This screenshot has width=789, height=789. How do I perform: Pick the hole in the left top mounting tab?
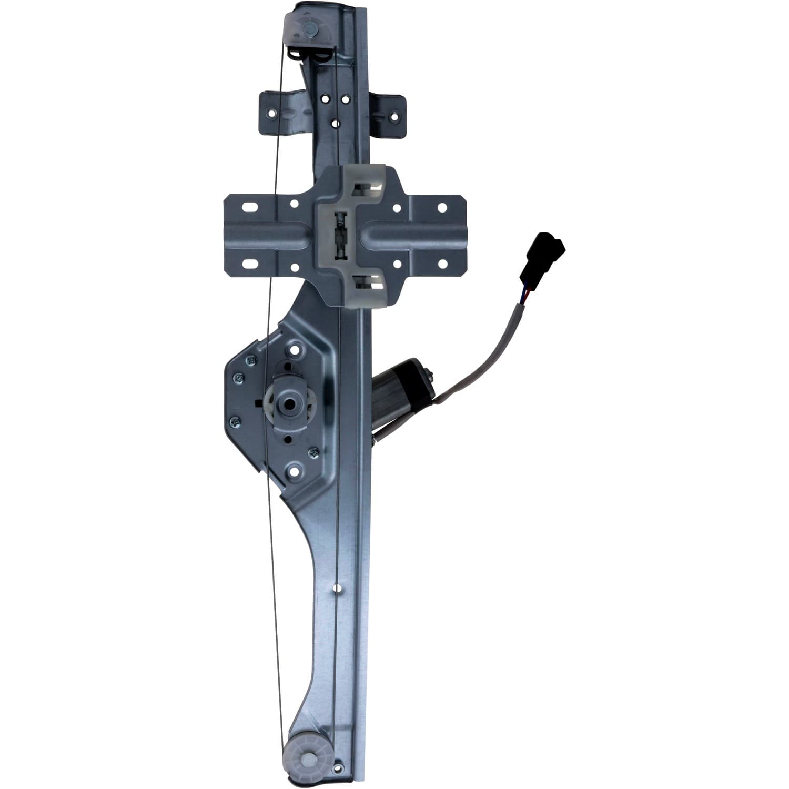(272, 112)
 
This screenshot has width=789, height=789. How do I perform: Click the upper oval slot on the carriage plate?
(246, 207)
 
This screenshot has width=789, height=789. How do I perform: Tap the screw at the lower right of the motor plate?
(315, 450)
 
